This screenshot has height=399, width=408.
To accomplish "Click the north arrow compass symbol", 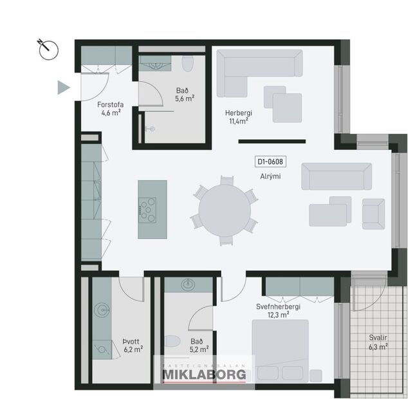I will click(48, 50).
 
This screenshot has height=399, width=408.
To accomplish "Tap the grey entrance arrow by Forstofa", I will click(63, 88).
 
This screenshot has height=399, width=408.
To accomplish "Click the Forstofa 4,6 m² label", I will click(110, 108).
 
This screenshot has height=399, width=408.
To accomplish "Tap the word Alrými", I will click(270, 176).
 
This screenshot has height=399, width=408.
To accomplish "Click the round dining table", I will click(225, 210).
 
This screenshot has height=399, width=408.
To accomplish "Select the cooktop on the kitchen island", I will click(149, 208).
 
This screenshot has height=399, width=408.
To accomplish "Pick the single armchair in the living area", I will click(373, 213).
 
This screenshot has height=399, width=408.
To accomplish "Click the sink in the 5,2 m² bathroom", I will click(188, 285).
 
